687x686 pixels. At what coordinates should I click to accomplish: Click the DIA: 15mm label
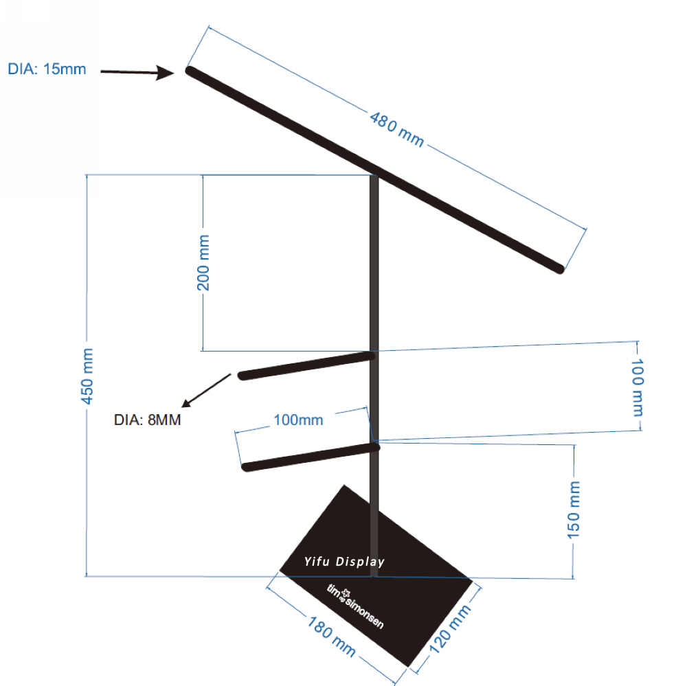47,69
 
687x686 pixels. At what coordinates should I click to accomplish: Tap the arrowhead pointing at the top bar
166,73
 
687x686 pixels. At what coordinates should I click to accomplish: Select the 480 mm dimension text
397,130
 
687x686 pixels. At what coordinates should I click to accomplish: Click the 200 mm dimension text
203,263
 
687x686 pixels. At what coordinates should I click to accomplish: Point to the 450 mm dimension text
87,376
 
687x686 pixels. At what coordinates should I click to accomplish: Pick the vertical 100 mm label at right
638,387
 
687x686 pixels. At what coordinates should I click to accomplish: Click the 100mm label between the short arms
298,420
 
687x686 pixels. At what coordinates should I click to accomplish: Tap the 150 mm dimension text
574,510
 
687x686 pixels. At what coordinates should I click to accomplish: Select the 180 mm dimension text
331,636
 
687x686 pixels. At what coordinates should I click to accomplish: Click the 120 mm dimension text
450,629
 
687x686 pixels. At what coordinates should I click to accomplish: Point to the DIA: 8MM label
147,420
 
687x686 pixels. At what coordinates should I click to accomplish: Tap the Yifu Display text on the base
344,562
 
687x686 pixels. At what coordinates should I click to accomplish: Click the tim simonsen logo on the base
355,607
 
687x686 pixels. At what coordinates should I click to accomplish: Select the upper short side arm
306,366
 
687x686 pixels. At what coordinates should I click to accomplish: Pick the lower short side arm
311,457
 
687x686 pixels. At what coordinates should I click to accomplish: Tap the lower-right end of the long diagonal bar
560,269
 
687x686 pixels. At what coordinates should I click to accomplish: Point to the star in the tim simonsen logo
346,593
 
